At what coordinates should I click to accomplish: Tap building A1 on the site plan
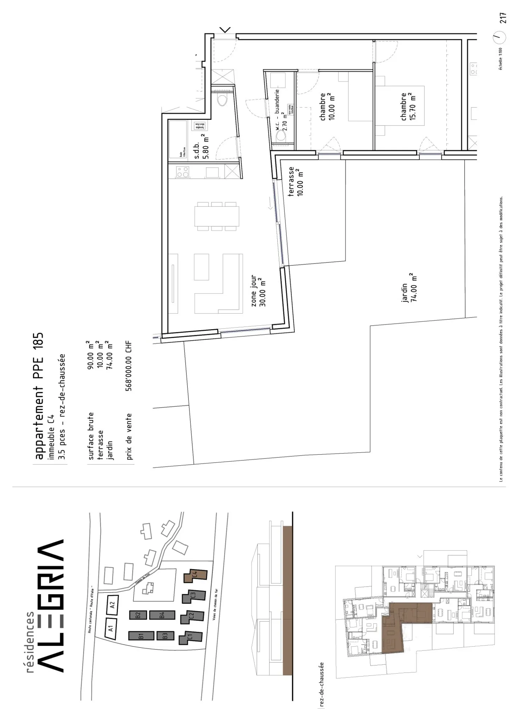110,628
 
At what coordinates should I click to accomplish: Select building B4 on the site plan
162,615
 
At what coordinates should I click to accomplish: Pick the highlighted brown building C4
195,575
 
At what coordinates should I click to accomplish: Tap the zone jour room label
258,291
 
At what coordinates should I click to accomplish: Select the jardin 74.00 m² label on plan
409,287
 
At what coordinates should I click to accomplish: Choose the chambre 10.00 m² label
327,107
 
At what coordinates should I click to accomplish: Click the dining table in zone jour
216,216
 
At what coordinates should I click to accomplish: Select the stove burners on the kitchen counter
182,172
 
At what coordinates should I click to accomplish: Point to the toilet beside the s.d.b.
222,100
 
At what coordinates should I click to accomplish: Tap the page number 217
503,18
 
